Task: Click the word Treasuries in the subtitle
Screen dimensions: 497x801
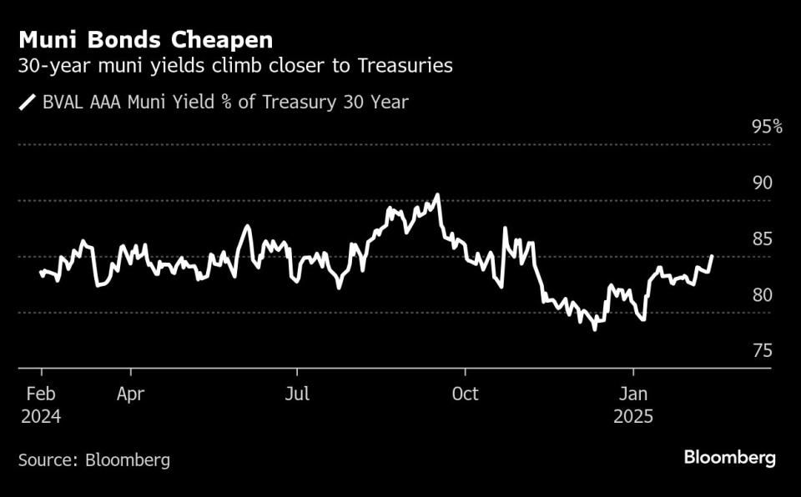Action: [405, 66]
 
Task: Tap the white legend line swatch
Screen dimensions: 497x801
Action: [28, 103]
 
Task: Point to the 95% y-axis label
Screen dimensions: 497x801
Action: [767, 127]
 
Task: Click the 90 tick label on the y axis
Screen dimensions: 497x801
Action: [763, 183]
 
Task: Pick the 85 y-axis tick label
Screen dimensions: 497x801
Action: [763, 239]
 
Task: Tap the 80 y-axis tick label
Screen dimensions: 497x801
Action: [763, 295]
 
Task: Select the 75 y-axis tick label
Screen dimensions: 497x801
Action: [763, 351]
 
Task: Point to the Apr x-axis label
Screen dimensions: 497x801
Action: [132, 394]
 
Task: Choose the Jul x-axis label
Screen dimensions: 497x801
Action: [298, 394]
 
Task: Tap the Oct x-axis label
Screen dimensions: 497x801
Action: [465, 394]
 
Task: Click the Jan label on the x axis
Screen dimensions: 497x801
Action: [633, 394]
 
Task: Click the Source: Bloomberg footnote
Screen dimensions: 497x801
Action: [94, 459]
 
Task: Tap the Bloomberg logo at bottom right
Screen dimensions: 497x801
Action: [730, 458]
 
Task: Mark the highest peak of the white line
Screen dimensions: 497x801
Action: [437, 195]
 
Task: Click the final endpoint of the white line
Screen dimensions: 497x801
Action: [712, 256]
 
